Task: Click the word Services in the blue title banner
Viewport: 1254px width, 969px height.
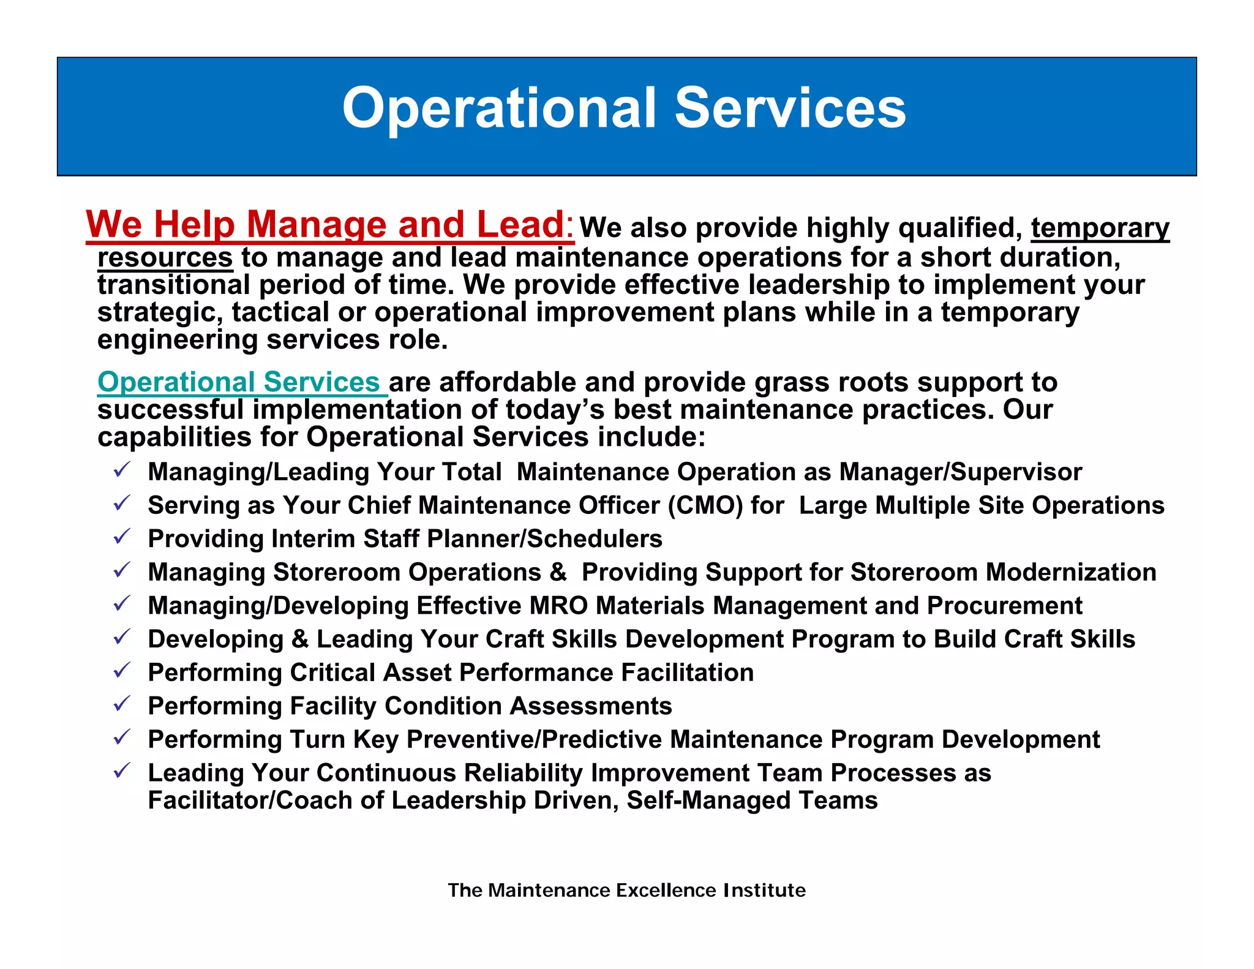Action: click(x=790, y=108)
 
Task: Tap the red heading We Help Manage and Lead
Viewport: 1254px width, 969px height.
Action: click(x=329, y=224)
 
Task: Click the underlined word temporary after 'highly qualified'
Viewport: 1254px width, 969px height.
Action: click(x=1100, y=228)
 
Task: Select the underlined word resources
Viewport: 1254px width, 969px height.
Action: click(x=165, y=257)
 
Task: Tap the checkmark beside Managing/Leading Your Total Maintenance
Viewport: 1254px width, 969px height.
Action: click(x=122, y=470)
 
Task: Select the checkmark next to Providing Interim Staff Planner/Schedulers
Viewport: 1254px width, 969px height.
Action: click(x=122, y=537)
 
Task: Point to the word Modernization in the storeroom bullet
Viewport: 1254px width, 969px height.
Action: click(x=1071, y=572)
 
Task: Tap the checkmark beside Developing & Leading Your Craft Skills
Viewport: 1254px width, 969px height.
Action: click(x=122, y=638)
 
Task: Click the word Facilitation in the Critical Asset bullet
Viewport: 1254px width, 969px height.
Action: click(x=687, y=673)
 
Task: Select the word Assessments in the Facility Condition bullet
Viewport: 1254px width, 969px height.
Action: click(x=591, y=706)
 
